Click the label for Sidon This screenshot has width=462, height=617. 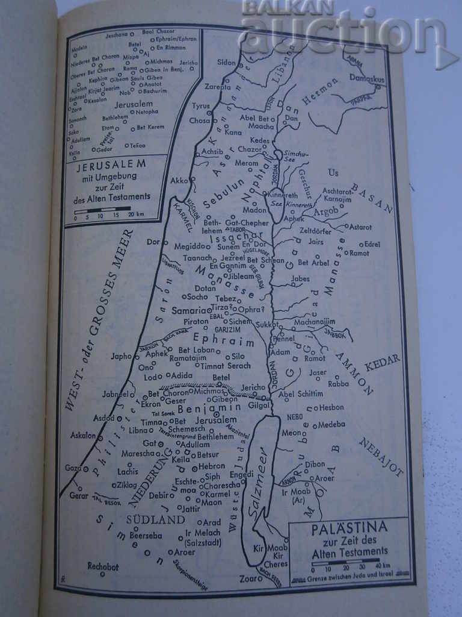pyautogui.click(x=226, y=62)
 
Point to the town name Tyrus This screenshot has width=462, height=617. pyautogui.click(x=201, y=106)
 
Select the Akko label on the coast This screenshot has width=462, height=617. pyautogui.click(x=179, y=180)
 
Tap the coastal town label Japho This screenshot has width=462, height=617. pyautogui.click(x=121, y=356)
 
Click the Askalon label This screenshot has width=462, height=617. pyautogui.click(x=84, y=435)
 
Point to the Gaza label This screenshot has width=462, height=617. pyautogui.click(x=73, y=468)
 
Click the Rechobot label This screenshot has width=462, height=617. pyautogui.click(x=103, y=566)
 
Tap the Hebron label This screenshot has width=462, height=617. pyautogui.click(x=212, y=466)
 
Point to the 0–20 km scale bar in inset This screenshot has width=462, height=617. pyautogui.click(x=102, y=210)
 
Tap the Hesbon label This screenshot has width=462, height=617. pyautogui.click(x=331, y=407)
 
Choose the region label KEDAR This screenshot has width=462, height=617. pyautogui.click(x=383, y=362)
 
